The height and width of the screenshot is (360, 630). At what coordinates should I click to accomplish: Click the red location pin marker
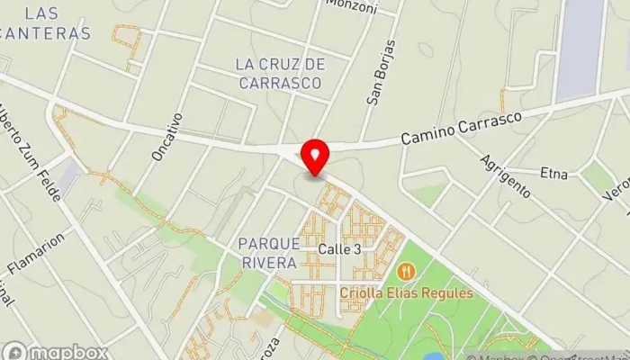315,157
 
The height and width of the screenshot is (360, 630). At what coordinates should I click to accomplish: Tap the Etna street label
553,173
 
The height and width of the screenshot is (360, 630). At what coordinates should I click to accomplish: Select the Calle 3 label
339,249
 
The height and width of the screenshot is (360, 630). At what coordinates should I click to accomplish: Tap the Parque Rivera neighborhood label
268,253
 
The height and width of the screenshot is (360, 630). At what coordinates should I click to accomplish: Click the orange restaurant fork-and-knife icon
406,271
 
